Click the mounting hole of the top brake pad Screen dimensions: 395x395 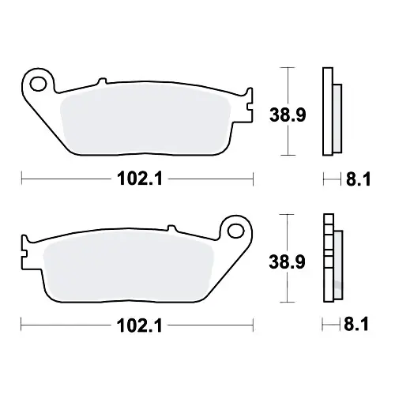pos(38,84)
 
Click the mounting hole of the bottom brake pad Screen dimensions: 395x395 pos(236,231)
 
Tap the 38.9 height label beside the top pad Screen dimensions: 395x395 pos(288,115)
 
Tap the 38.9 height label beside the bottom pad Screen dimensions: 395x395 pos(287,261)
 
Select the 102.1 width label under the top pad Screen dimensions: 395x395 pos(140,179)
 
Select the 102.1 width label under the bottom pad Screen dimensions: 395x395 pos(140,325)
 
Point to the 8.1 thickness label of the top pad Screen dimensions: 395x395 pos(358,179)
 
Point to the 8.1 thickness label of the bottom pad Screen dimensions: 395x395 pos(356,324)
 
